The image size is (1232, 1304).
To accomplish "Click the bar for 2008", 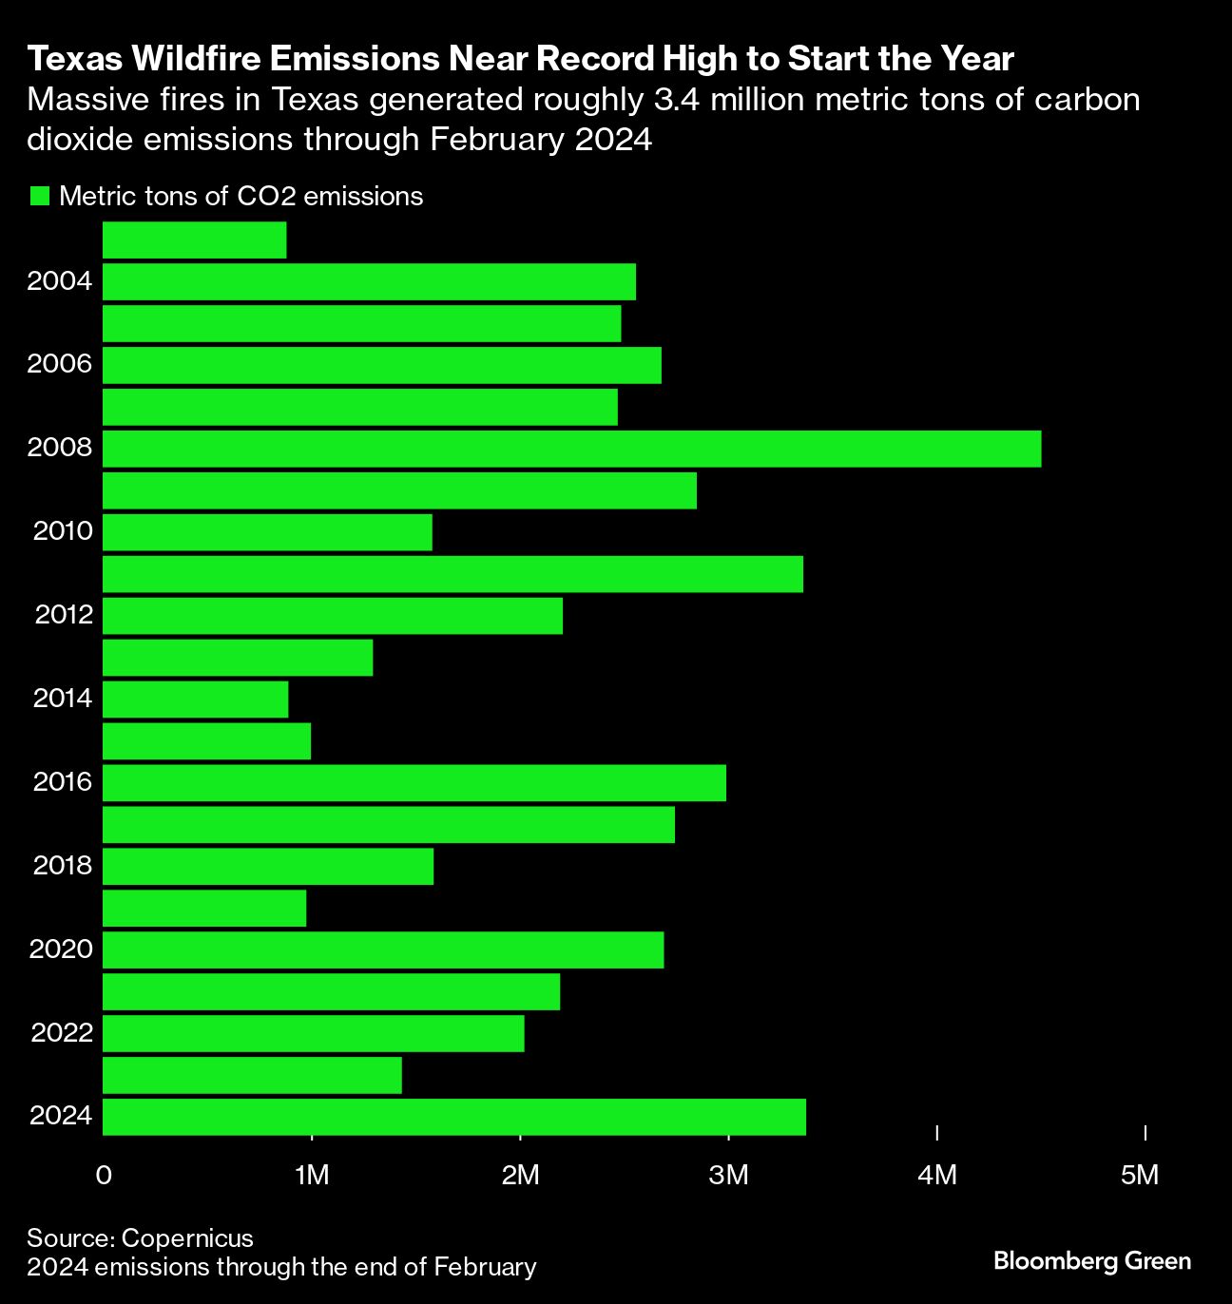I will [x=571, y=449].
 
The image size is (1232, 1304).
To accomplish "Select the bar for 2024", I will [x=453, y=1117].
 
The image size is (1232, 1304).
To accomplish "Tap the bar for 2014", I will [x=195, y=700].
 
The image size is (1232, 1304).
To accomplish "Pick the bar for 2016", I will [x=414, y=782].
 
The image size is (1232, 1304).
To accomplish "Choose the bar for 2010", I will [x=267, y=532].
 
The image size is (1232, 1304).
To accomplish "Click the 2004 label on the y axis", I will [x=60, y=282].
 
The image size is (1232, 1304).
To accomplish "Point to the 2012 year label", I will [x=64, y=615].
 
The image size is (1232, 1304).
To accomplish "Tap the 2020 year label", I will [x=61, y=949].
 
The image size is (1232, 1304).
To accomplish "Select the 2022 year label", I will [x=62, y=1033].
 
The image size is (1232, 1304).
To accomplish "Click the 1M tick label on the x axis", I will [x=312, y=1176].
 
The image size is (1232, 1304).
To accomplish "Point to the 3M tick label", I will [x=729, y=1176].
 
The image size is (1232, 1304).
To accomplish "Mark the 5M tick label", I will [x=1140, y=1176].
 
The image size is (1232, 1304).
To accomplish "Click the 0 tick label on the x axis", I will [x=104, y=1176].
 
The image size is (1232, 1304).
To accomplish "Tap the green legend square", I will [x=39, y=197].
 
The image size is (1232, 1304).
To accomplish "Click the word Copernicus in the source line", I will [x=187, y=1238].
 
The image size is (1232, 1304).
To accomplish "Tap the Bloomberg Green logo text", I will [x=1091, y=1261].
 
